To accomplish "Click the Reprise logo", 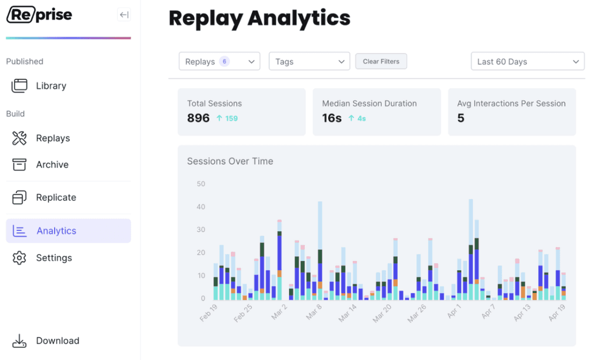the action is (x=39, y=15).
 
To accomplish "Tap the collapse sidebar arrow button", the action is (x=124, y=15).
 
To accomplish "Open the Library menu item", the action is (x=51, y=86).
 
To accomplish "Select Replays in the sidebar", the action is (x=53, y=138).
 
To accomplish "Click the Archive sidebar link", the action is (x=52, y=164).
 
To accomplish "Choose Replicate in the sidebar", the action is (x=56, y=197).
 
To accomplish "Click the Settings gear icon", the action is (x=19, y=257).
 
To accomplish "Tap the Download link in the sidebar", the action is (x=58, y=341).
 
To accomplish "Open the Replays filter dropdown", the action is (x=219, y=61).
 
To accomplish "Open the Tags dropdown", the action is (x=309, y=61).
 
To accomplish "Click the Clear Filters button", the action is (x=381, y=61).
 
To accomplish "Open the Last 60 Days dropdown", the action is (x=527, y=61).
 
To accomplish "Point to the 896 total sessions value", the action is (x=198, y=118).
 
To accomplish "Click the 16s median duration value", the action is (x=332, y=118).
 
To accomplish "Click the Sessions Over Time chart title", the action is (x=230, y=161).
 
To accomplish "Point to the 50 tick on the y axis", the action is (x=201, y=184).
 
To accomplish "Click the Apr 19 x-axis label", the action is (x=557, y=312).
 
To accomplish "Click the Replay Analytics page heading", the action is (x=259, y=18).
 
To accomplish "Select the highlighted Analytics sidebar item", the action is (x=69, y=231).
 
